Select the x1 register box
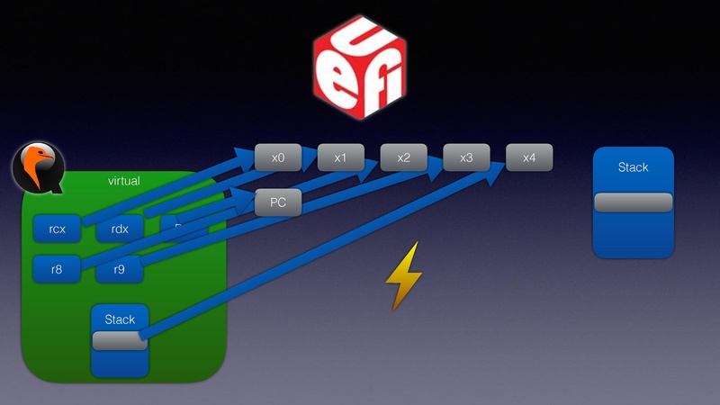[x=340, y=157]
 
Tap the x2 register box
[x=403, y=157]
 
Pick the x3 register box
[x=466, y=157]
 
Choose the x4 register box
[x=529, y=157]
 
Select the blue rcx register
[x=56, y=229]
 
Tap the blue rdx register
[x=120, y=229]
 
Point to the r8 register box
[x=56, y=268]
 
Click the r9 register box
[x=120, y=268]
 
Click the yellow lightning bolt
[x=403, y=275]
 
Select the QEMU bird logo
[x=37, y=168]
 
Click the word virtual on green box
[x=123, y=181]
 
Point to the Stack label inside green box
[x=120, y=319]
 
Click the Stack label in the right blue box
[x=633, y=167]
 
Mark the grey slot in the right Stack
[x=633, y=202]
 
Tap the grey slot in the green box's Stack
[x=117, y=340]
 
